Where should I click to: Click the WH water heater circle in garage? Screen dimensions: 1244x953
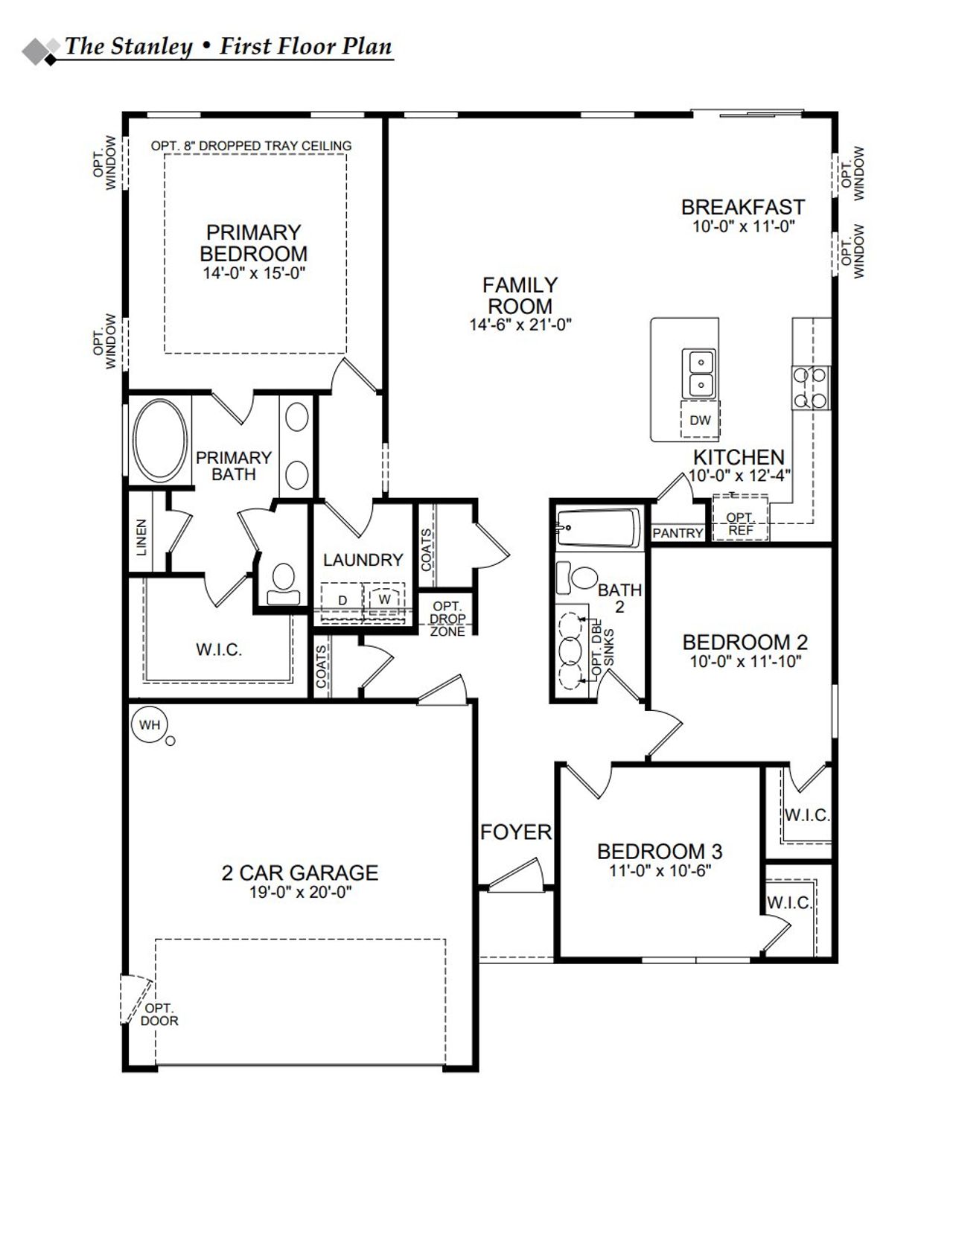(x=150, y=724)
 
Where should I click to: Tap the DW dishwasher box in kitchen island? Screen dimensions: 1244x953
(x=700, y=421)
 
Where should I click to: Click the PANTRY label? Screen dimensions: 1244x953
(x=678, y=533)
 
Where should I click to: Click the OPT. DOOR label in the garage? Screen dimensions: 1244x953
(x=159, y=1015)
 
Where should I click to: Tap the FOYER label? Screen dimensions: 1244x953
(x=516, y=832)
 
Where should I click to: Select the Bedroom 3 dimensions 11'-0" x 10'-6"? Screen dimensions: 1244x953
(x=660, y=870)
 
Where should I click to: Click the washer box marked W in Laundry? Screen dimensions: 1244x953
(x=384, y=599)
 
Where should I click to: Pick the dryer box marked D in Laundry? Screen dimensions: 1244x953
(x=342, y=600)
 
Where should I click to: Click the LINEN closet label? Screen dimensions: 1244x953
(x=141, y=537)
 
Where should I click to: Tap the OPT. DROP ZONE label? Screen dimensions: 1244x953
(x=447, y=619)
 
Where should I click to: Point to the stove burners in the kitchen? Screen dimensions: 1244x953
(x=810, y=388)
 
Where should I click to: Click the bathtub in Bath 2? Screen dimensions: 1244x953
(x=599, y=528)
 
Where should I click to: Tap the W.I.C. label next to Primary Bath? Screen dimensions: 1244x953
(x=219, y=650)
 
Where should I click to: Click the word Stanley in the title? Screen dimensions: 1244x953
(x=151, y=47)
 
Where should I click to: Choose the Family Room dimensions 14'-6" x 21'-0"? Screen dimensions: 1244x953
(x=520, y=325)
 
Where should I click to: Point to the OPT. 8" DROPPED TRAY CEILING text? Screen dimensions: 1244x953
(x=251, y=146)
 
